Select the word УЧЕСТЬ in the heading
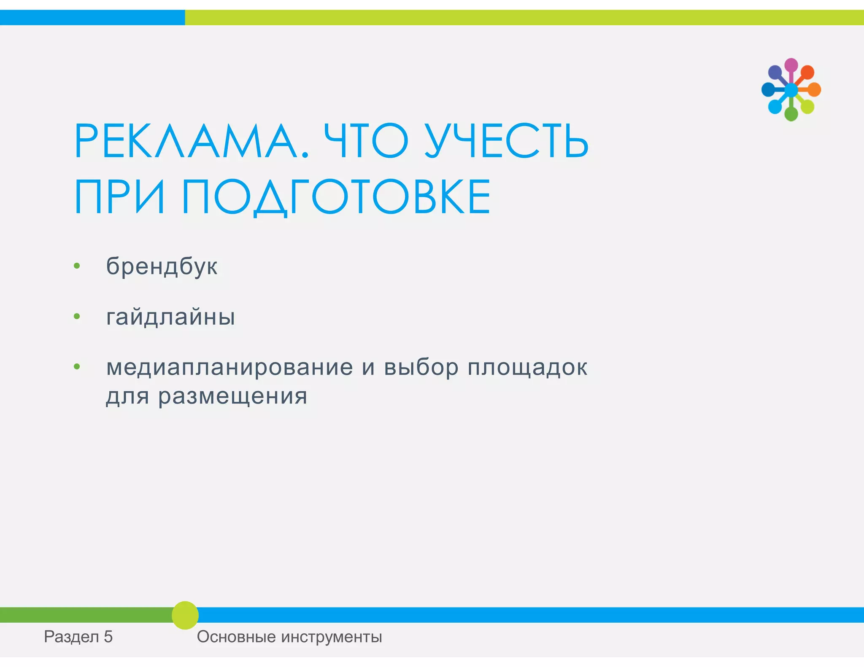506,141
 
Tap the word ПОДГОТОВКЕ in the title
336,197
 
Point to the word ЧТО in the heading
366,141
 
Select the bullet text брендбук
162,266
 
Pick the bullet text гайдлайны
170,317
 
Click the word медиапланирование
229,367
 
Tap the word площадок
527,367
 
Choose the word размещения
232,396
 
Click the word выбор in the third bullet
421,367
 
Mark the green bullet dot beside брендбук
77,266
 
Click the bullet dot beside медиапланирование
77,367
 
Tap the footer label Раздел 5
78,637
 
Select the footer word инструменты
331,637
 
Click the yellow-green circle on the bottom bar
185,615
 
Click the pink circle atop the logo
791,65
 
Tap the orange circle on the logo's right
814,90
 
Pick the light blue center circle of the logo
791,90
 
